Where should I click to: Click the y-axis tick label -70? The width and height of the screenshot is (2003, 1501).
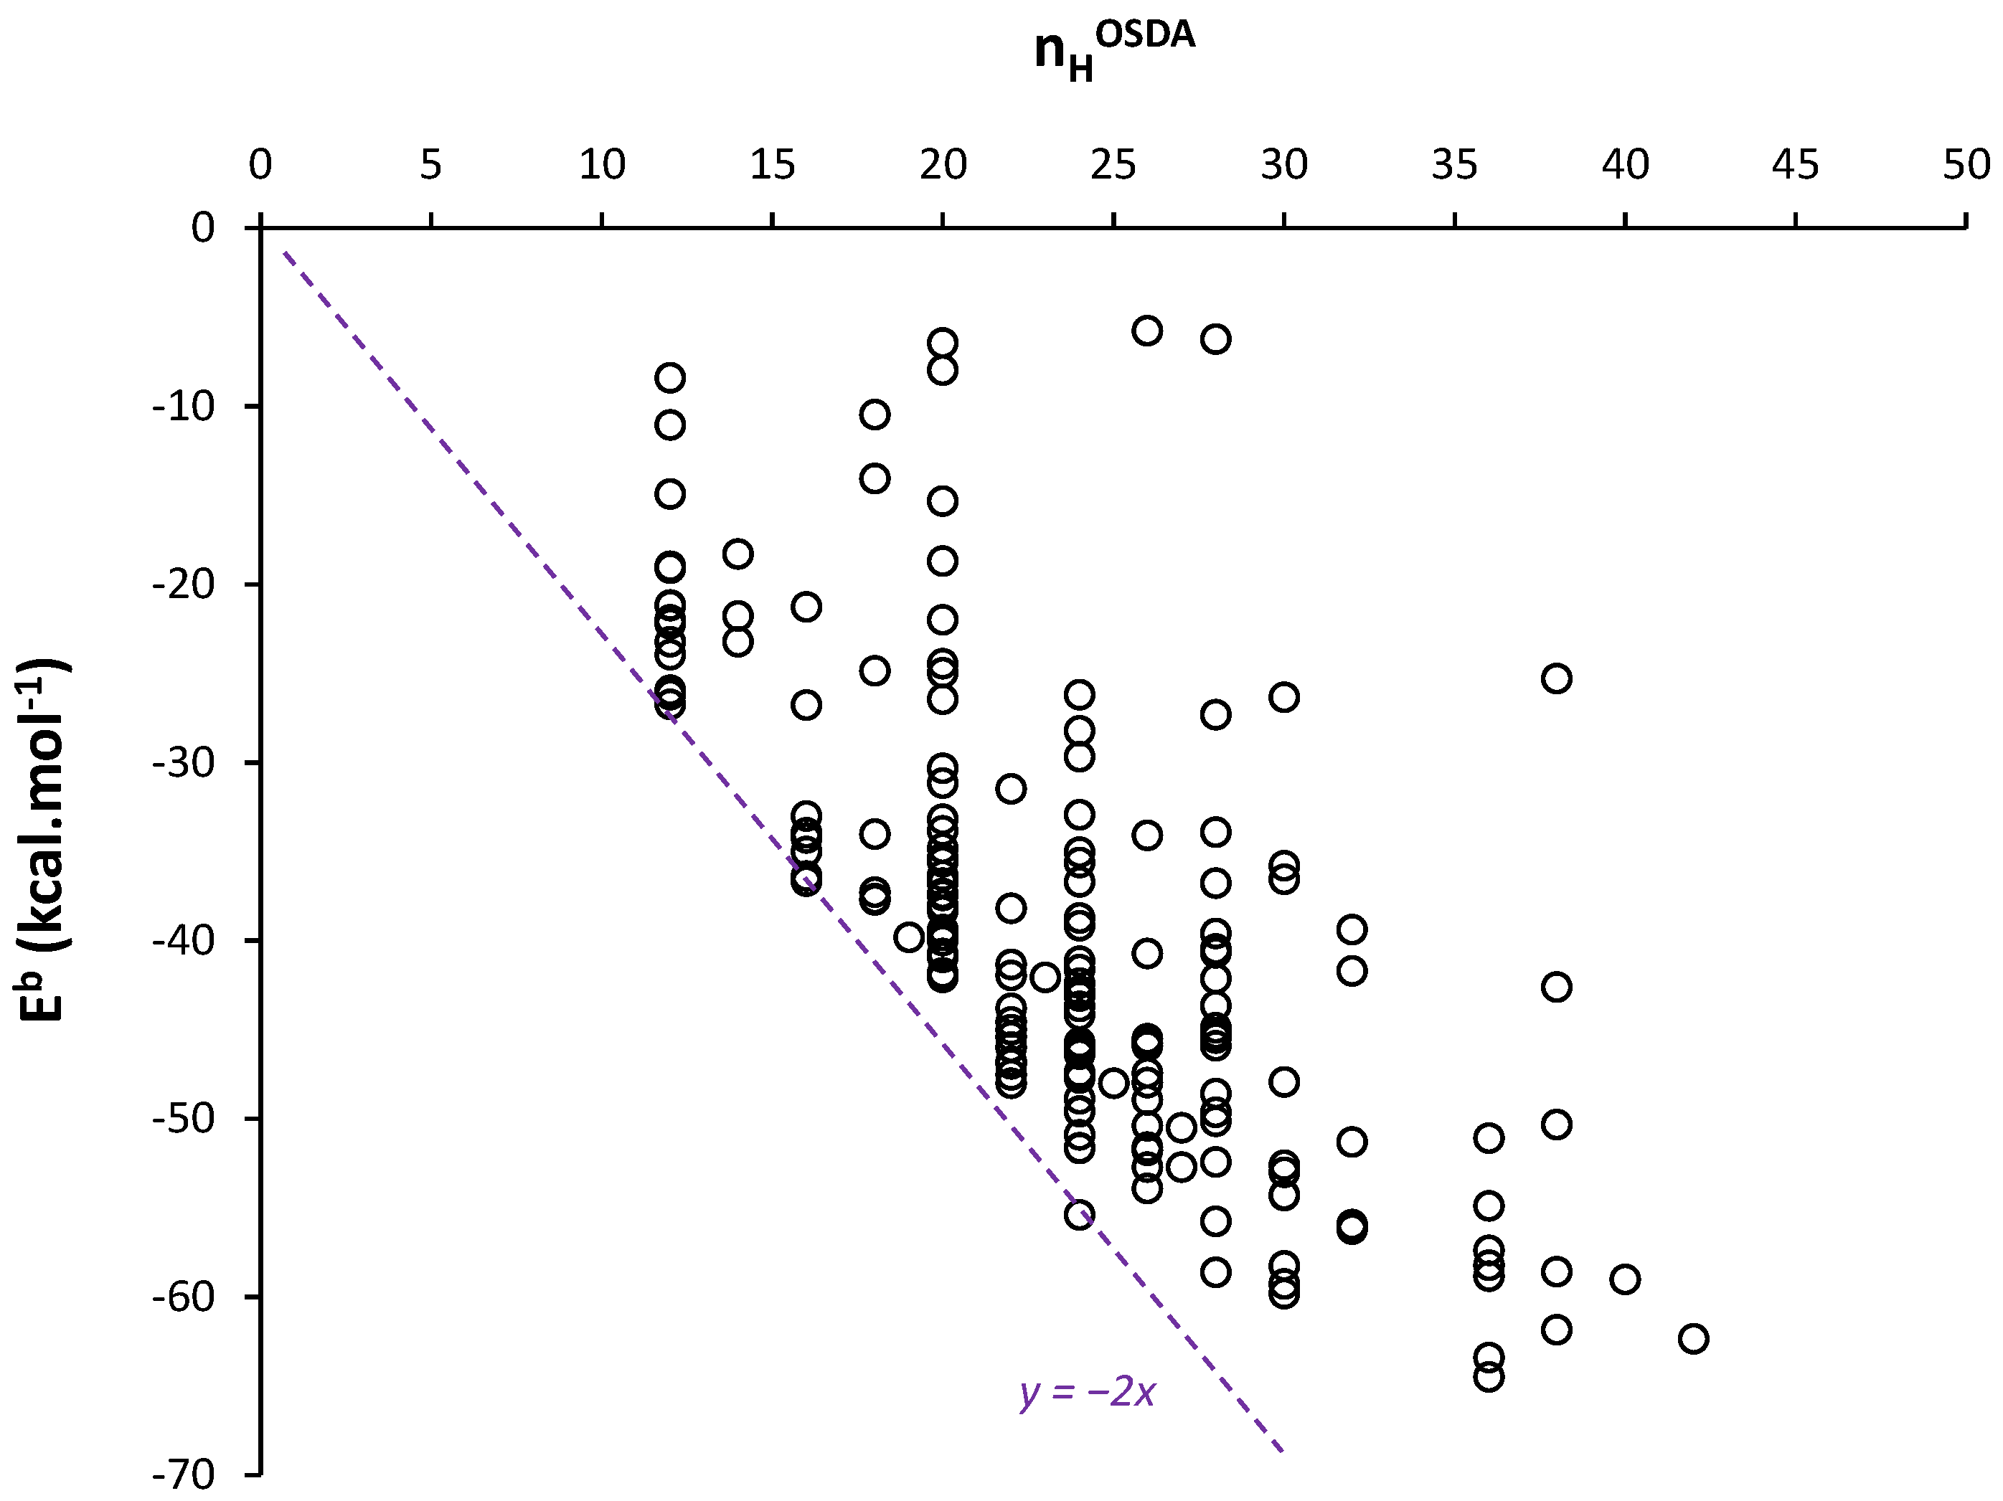pos(184,1474)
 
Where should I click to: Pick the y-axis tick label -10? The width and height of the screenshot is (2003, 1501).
pos(184,407)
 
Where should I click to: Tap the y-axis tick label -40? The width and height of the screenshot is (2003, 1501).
pos(184,941)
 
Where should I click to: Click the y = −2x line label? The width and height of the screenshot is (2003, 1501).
pos(1088,1393)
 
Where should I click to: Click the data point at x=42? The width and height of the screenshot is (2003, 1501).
pos(1693,1339)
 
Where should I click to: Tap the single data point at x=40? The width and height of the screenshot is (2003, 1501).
pos(1626,1279)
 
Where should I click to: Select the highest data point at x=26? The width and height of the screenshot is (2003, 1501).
pos(1147,331)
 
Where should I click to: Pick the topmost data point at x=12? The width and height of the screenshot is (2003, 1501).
pos(670,377)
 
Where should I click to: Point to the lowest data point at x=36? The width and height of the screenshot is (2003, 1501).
pos(1489,1377)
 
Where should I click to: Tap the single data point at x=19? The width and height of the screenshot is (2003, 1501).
pos(909,937)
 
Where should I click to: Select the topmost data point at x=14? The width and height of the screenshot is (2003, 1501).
pos(738,553)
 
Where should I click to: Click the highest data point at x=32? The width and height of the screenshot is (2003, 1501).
pos(1352,929)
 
